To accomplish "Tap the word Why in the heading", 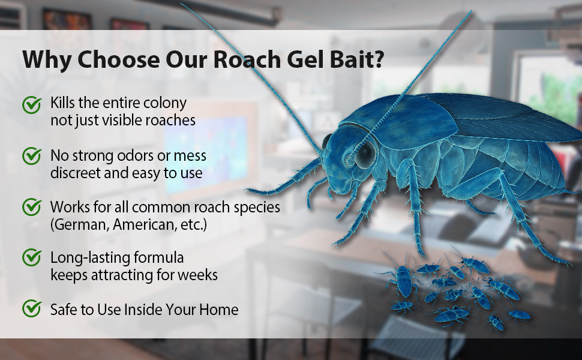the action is point(46,59).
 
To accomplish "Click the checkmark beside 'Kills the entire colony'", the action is point(32,104).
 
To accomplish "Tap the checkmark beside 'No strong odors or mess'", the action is point(32,156).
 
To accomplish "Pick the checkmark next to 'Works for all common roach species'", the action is point(32,207).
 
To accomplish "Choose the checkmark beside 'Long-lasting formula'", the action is point(32,257).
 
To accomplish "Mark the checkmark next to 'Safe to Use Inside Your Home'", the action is point(32,308).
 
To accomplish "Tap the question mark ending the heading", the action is point(379,59).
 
